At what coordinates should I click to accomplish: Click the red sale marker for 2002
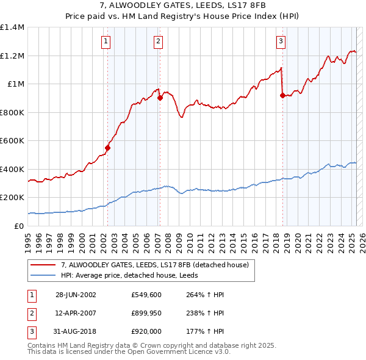pyautogui.click(x=108, y=148)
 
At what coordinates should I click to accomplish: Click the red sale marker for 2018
pyautogui.click(x=283, y=95)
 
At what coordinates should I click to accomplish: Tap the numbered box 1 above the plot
pyautogui.click(x=106, y=41)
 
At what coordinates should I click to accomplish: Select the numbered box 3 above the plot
pyautogui.click(x=281, y=41)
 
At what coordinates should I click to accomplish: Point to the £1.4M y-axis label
pyautogui.click(x=12, y=27)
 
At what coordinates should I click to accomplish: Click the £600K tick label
pyautogui.click(x=12, y=141)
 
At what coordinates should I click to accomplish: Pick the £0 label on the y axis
pyautogui.click(x=18, y=226)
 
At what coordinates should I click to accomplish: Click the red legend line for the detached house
pyautogui.click(x=43, y=265)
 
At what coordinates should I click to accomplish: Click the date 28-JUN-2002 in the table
pyautogui.click(x=76, y=295)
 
